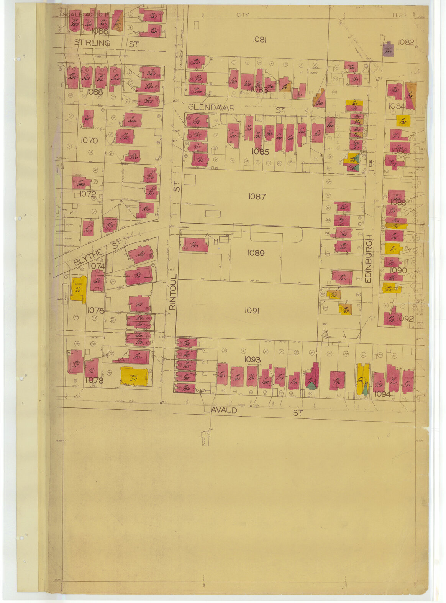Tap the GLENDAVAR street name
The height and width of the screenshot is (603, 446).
[211, 108]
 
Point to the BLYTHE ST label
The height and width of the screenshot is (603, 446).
[93, 255]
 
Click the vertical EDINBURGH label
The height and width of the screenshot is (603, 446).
[369, 259]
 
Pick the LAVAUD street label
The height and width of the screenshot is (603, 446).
[220, 410]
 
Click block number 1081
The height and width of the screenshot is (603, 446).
[259, 39]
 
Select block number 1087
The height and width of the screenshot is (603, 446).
[257, 196]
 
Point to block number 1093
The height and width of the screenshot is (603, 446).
[252, 360]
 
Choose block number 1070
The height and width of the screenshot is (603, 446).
[89, 141]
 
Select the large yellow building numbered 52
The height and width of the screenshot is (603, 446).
[134, 376]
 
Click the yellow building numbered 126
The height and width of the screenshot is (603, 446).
[403, 120]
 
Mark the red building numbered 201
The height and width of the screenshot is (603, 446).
[317, 133]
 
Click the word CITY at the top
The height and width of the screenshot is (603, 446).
[242, 15]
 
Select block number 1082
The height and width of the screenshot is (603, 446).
[406, 42]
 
